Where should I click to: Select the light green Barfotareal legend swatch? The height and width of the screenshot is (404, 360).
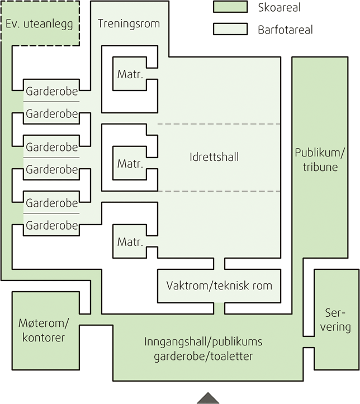pos(230,28)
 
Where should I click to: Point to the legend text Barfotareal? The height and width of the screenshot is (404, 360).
pos(286,29)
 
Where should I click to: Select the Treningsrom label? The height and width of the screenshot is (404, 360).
pos(129,24)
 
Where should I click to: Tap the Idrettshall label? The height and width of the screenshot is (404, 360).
pos(214,157)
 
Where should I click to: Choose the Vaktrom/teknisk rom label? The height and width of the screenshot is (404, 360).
pos(219,286)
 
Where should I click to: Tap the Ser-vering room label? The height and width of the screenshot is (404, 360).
pos(335,320)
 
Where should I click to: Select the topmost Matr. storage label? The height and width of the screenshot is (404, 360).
pos(130,74)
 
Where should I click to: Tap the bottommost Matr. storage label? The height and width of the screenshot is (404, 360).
pos(130,243)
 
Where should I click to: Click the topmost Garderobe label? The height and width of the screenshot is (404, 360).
pos(51,89)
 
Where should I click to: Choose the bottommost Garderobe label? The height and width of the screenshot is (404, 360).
pos(51,226)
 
